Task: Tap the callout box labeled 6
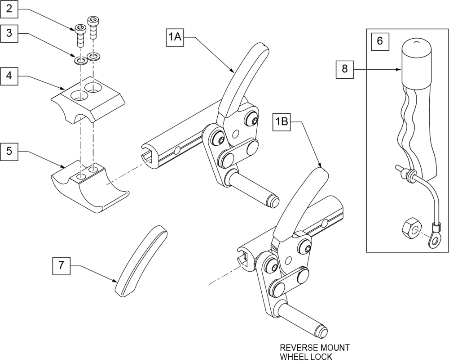click(x=380, y=41)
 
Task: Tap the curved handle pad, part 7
click(x=141, y=260)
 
